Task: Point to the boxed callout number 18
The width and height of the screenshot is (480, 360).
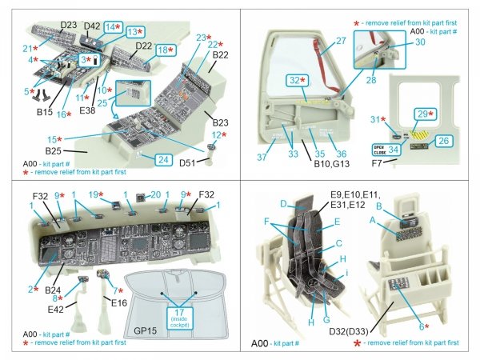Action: tap(161, 50)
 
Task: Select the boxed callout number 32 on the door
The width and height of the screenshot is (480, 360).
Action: tap(297, 80)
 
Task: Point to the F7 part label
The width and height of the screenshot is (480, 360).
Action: tap(390, 162)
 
